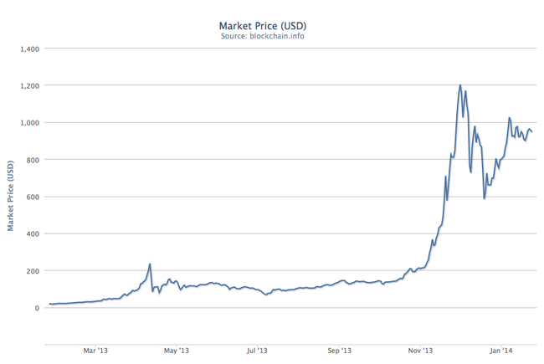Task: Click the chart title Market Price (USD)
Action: [x=272, y=26]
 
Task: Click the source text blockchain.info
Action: [x=272, y=38]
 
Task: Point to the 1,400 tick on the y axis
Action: [x=26, y=49]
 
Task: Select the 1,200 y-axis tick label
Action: [x=26, y=85]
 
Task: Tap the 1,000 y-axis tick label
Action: [x=26, y=123]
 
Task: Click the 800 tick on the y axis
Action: [x=30, y=160]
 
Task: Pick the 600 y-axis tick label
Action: [x=30, y=197]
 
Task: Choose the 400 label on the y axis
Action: [x=30, y=233]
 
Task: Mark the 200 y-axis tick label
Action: [x=30, y=271]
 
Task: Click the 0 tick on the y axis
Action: [x=34, y=308]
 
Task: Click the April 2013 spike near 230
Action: [x=150, y=264]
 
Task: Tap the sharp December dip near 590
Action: [x=484, y=198]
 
